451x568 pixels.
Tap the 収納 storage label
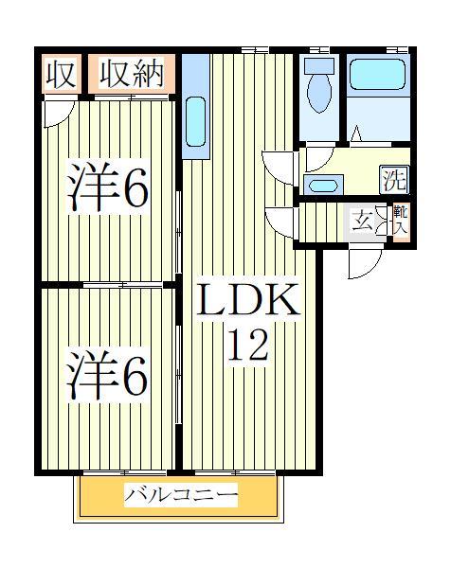133,74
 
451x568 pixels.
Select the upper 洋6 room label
107,189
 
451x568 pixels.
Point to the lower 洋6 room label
107,375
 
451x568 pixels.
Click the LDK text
247,302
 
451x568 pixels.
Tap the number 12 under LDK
247,344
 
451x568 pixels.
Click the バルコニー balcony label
180,495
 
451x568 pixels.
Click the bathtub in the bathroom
378,80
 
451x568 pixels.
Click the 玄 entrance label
362,222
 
